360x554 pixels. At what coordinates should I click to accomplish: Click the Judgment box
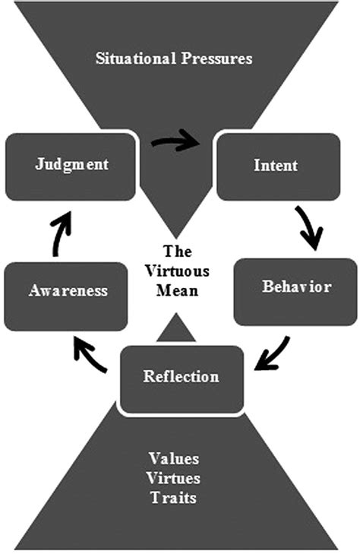(x=71, y=166)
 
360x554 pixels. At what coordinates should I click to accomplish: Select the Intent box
(x=279, y=166)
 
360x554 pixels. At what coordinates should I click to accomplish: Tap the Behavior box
(x=295, y=292)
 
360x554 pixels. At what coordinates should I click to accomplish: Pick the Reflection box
(x=182, y=379)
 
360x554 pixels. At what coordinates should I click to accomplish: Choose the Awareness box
(x=66, y=296)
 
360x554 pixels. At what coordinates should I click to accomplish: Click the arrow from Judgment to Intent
(x=175, y=141)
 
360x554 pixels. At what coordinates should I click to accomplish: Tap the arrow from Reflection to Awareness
(x=89, y=354)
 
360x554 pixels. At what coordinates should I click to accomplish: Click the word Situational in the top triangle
(x=136, y=59)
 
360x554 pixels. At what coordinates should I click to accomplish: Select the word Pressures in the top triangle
(x=216, y=59)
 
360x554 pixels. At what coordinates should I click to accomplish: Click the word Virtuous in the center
(x=177, y=271)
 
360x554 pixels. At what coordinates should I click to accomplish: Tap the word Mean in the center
(x=177, y=290)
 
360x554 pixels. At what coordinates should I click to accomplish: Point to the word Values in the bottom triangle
(x=173, y=458)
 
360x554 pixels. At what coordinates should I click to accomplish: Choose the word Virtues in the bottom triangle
(x=173, y=478)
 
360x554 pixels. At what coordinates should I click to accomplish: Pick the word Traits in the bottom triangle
(x=173, y=498)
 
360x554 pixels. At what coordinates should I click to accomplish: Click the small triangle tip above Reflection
(x=175, y=313)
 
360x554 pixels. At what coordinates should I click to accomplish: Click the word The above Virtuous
(x=178, y=252)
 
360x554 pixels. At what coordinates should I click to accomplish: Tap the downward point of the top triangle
(x=175, y=237)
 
